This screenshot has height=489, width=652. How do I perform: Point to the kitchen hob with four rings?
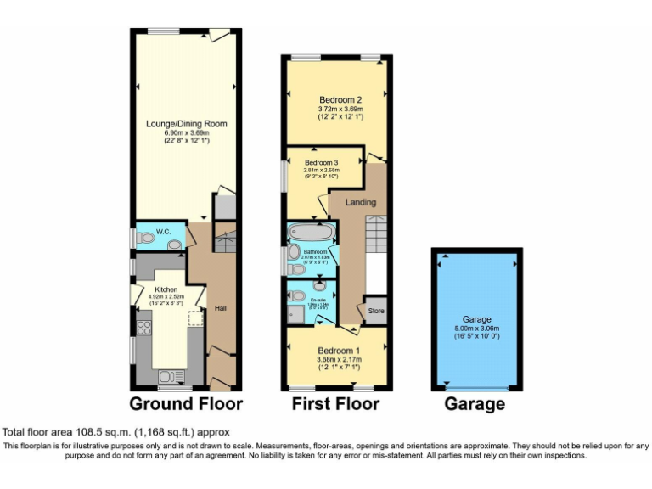click(143, 329)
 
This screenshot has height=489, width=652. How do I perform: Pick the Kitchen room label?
click(165, 289)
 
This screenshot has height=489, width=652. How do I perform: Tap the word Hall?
click(220, 308)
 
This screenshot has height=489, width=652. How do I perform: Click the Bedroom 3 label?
click(321, 162)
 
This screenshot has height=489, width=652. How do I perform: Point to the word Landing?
click(360, 202)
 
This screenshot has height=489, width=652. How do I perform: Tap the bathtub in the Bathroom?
click(312, 232)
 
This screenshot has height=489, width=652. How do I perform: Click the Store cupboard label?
click(375, 311)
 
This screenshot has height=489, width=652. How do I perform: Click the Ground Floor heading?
click(186, 403)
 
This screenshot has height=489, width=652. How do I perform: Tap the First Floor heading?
click(335, 403)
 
